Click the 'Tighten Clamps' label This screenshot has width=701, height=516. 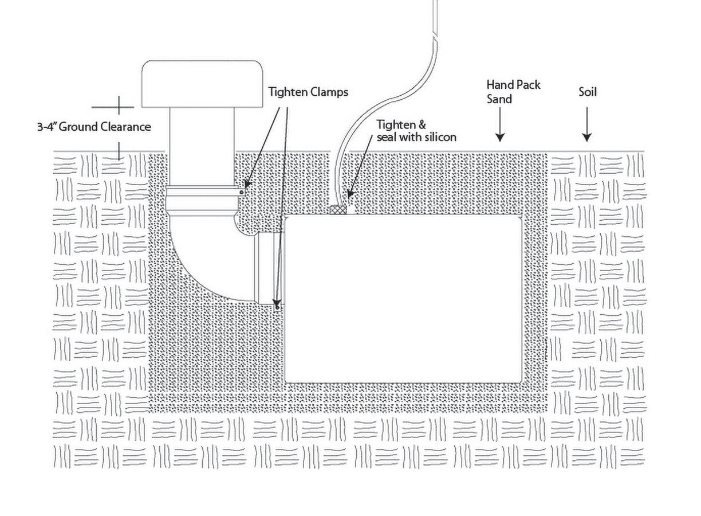click(308, 92)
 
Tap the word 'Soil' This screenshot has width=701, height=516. click(587, 91)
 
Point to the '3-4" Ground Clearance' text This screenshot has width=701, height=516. click(94, 127)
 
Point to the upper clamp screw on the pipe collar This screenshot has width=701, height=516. click(243, 192)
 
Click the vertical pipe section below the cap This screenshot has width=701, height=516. click(203, 149)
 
